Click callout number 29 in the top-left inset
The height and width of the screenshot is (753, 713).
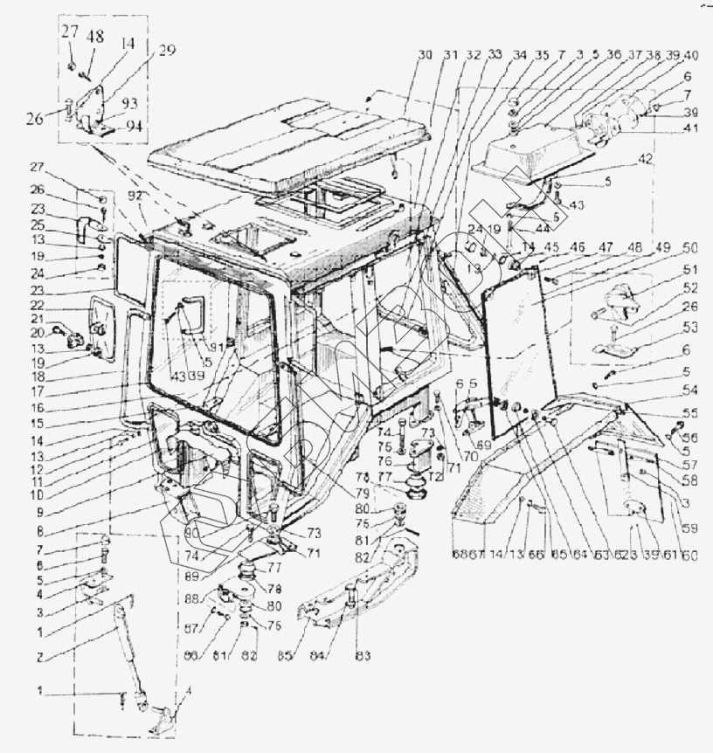(x=167, y=51)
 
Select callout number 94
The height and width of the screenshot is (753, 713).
(x=134, y=126)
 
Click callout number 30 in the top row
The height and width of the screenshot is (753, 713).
(x=426, y=55)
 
